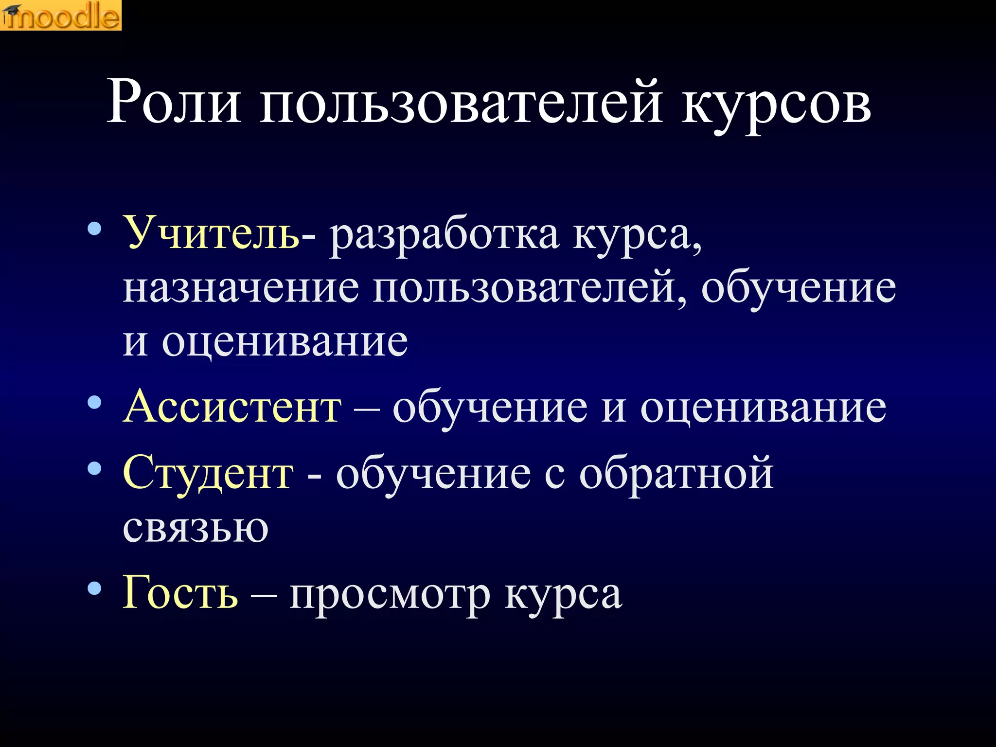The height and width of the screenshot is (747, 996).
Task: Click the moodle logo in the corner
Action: [x=61, y=15]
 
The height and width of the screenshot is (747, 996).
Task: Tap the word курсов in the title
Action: [x=776, y=105]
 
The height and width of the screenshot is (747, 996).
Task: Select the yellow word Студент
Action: [x=208, y=474]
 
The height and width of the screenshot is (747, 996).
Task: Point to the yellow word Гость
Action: [x=180, y=592]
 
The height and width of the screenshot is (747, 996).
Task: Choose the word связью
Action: [x=196, y=527]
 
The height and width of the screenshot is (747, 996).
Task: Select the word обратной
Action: [x=676, y=474]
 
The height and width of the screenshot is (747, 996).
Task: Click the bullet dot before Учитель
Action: [x=94, y=229]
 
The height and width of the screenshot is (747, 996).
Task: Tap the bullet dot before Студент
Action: [x=94, y=468]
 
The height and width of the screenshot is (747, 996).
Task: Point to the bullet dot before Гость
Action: [x=94, y=588]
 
